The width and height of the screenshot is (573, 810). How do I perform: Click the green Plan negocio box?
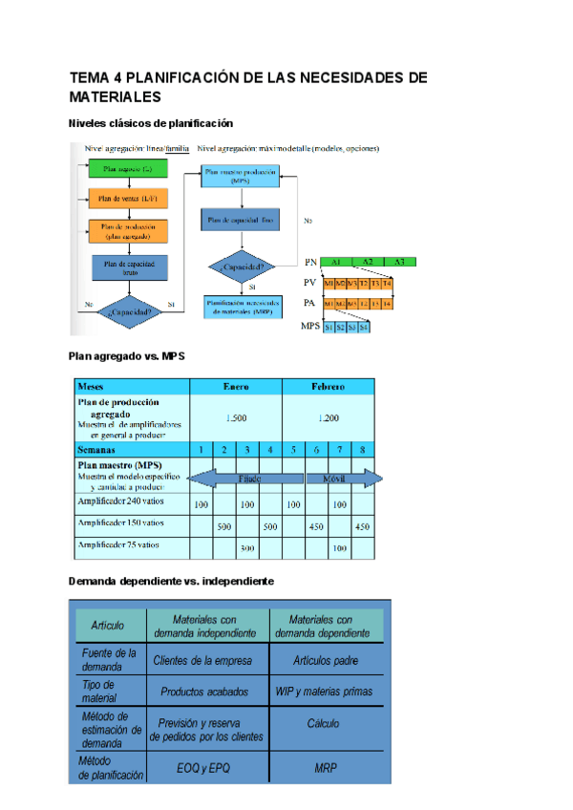tap(128, 169)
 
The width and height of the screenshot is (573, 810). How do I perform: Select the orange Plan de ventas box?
tap(128, 199)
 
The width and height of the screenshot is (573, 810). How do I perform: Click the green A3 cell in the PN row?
tap(398, 262)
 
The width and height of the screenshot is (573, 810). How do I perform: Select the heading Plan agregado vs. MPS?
tap(127, 356)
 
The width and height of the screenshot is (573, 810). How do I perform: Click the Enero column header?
tap(236, 387)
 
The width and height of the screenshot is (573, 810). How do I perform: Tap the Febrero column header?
tap(328, 387)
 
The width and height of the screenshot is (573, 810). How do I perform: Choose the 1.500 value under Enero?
tap(236, 418)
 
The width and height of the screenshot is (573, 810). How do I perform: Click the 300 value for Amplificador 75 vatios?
tap(247, 548)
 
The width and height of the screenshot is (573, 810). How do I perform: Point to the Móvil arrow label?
tap(334, 478)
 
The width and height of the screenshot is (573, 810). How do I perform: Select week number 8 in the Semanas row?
tap(362, 449)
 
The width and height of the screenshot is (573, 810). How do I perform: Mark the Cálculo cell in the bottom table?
tap(324, 724)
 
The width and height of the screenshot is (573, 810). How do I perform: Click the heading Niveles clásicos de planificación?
tap(151, 123)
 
